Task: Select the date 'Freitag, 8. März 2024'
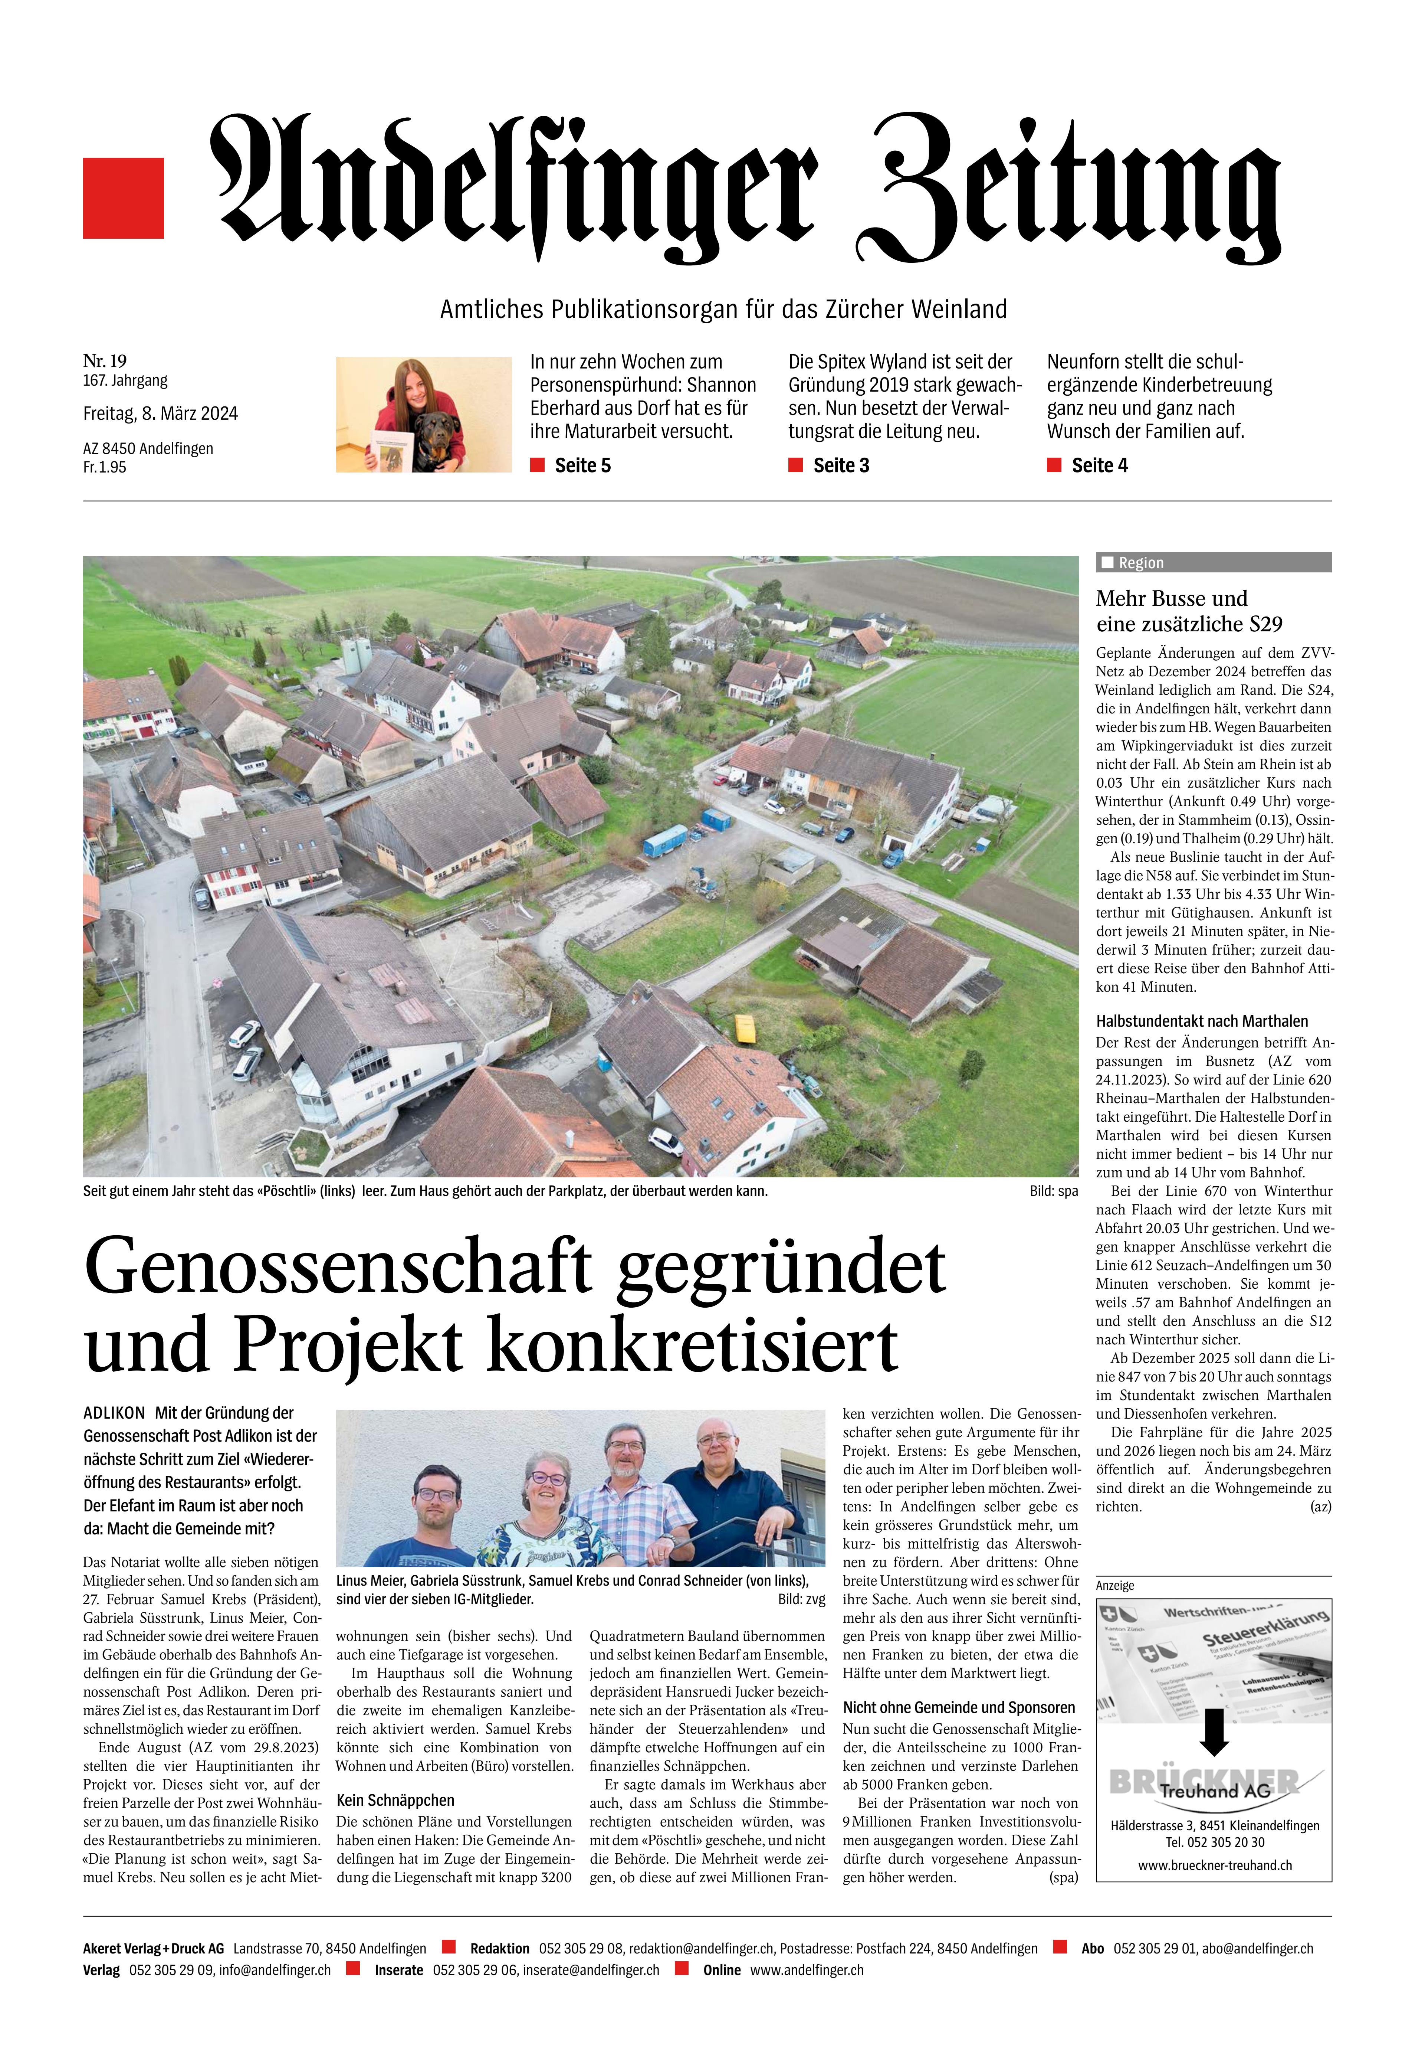click(x=160, y=414)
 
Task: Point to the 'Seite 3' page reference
click(x=840, y=465)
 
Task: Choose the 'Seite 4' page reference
click(x=1099, y=465)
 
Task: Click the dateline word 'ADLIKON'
click(x=114, y=1413)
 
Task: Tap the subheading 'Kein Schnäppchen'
click(x=395, y=1800)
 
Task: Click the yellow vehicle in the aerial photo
click(x=746, y=1028)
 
